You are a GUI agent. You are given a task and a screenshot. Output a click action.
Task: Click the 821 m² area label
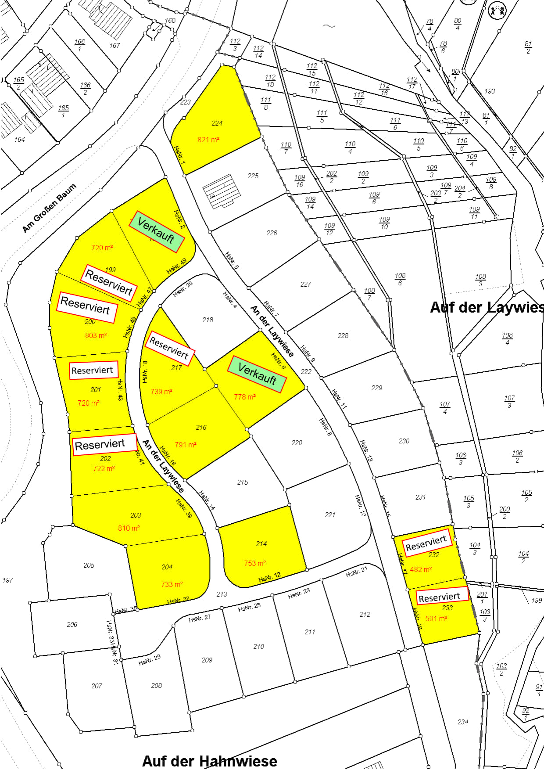208,140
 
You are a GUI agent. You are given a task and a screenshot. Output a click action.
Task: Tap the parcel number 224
217,123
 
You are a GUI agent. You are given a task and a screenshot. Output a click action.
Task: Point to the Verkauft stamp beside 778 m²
257,374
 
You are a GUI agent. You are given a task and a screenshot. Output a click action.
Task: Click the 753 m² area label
255,563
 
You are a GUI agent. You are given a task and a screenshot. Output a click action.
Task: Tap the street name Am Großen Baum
49,208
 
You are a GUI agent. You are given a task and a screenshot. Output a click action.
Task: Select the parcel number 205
89,565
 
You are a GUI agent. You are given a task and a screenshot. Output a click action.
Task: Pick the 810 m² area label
129,528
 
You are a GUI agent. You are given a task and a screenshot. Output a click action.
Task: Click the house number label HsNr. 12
269,578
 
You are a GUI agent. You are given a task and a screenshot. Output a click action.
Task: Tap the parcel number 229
377,388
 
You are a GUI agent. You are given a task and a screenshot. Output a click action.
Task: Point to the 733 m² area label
172,584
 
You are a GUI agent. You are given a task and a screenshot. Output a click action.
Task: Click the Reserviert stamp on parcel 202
100,445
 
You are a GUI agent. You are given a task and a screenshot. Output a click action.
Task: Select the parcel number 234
463,722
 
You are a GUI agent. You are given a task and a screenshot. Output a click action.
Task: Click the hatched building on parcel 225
222,191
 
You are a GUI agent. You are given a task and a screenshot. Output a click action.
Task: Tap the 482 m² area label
421,569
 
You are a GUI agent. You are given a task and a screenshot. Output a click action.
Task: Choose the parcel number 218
208,320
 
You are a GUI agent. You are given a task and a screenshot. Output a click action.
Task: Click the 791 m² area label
186,445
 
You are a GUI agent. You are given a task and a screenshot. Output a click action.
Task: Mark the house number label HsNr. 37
178,600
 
